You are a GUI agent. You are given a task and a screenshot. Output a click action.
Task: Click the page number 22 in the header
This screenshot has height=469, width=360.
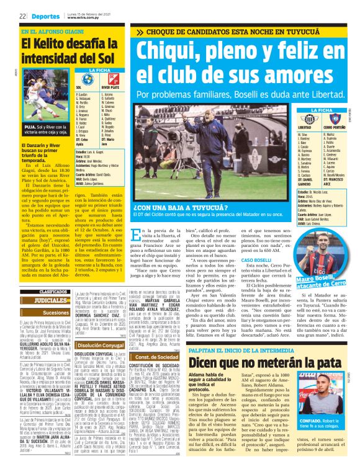23,15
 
